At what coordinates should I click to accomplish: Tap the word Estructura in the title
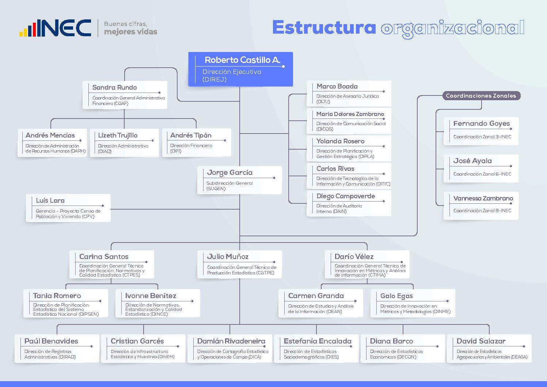[x=324, y=27]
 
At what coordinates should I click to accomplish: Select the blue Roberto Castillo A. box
[x=240, y=69]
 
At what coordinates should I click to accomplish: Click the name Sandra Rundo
[x=114, y=87]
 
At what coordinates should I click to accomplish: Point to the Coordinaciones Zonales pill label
[x=481, y=95]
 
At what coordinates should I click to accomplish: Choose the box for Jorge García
[x=240, y=180]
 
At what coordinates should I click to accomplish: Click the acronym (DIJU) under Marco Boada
[x=323, y=101]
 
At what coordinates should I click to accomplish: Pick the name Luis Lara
[x=50, y=200]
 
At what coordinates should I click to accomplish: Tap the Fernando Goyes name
[x=482, y=124]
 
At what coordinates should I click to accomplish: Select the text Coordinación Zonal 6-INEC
[x=482, y=174]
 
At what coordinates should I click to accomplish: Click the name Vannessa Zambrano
[x=483, y=198]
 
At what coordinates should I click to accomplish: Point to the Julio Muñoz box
[x=240, y=264]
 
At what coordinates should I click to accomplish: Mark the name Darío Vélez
[x=354, y=256]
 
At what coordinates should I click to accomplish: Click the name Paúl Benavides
[x=51, y=341]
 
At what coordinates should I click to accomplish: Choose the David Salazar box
[x=489, y=348]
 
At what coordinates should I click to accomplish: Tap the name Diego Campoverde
[x=346, y=196]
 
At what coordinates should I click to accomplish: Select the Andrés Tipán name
[x=191, y=135]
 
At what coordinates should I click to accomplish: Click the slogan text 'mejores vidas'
[x=131, y=32]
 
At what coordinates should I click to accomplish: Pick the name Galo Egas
[x=396, y=296]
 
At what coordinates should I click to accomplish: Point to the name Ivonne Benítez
[x=151, y=296]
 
